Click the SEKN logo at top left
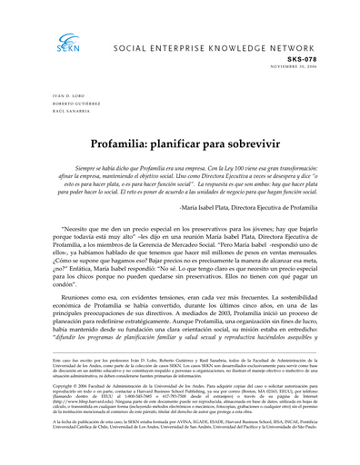67,42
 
